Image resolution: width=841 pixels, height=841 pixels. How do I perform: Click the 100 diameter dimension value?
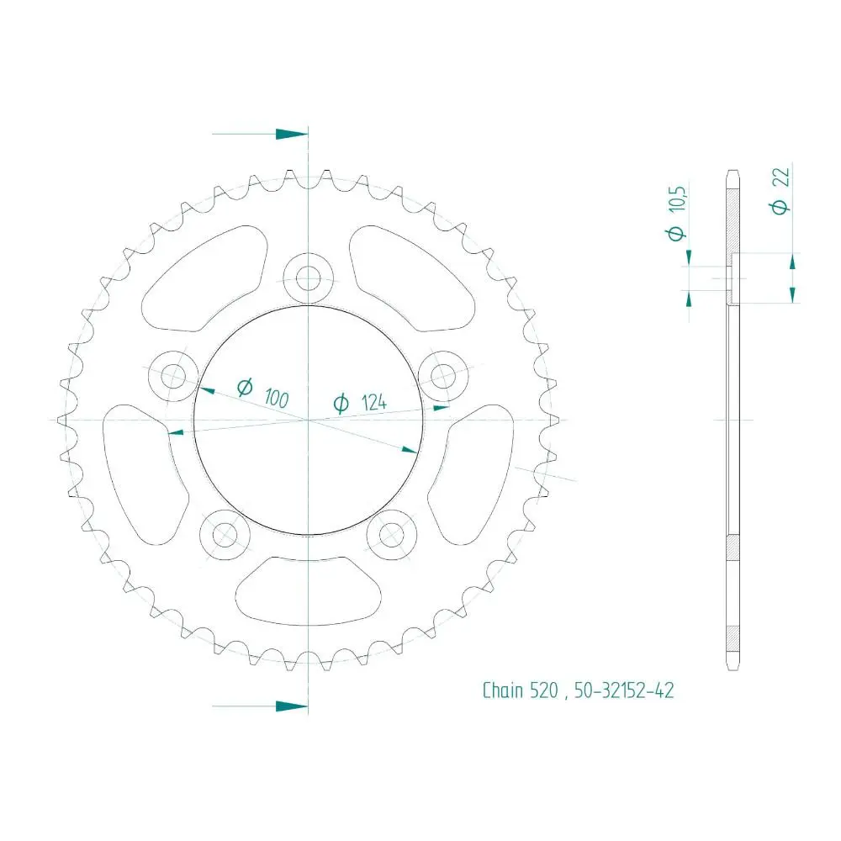coord(276,399)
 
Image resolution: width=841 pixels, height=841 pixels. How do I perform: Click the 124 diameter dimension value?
coord(374,402)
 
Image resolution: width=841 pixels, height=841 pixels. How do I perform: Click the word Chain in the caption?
coord(504,690)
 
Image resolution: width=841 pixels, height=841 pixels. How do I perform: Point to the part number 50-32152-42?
coord(624,690)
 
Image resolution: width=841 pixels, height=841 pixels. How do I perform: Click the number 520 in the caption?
coord(544,690)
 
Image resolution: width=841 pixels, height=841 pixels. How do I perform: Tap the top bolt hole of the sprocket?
coord(309,278)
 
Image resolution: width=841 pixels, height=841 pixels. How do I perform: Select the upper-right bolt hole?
coord(443,375)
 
